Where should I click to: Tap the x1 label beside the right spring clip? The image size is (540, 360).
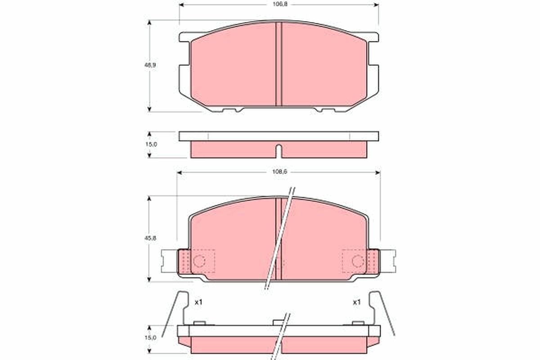[x=356, y=302]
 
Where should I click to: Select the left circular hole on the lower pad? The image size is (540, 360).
[x=199, y=261]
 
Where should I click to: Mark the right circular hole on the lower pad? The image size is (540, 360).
[x=358, y=261]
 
